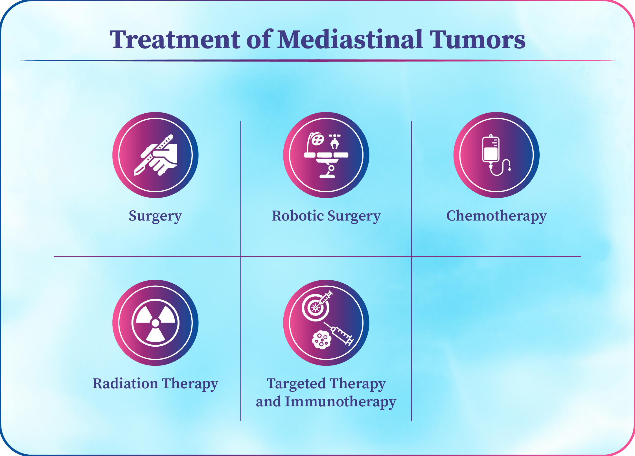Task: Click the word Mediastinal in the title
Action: tap(350, 39)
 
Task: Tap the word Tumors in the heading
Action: tap(477, 40)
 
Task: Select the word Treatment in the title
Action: tap(175, 40)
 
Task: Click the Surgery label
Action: tap(155, 216)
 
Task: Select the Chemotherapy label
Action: tap(496, 216)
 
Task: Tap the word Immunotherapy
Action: tap(341, 402)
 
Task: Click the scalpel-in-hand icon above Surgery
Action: tap(156, 155)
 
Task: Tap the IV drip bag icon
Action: tap(491, 149)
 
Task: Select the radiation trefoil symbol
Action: tap(156, 323)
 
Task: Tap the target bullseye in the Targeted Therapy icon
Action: tap(315, 308)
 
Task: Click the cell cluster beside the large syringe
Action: tap(321, 340)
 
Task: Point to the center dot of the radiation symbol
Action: tap(156, 323)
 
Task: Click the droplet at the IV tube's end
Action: tap(509, 169)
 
